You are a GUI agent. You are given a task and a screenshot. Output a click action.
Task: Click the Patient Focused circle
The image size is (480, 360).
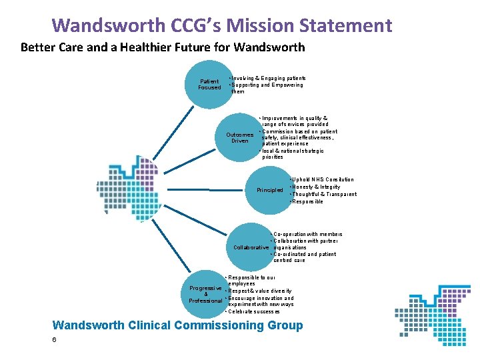pos(209,85)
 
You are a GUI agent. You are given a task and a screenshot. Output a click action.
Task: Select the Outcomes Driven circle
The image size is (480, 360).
pos(239,138)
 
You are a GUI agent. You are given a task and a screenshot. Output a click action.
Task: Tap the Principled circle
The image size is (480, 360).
pos(270,190)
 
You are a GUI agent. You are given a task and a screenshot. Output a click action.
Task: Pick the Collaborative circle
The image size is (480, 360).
pos(251,247)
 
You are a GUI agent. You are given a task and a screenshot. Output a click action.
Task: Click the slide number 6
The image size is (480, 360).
pos(54,340)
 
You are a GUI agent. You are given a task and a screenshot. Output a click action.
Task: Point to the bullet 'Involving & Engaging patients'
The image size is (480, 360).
pos(268,78)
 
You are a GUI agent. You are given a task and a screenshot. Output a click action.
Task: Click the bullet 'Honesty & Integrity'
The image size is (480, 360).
pos(317,187)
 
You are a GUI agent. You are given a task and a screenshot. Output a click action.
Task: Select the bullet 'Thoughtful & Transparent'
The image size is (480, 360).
pos(324,194)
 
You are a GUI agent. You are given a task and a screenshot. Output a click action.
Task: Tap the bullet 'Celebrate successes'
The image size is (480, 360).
pos(253,311)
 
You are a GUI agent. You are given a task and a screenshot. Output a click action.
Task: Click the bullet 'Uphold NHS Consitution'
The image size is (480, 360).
pos(323,179)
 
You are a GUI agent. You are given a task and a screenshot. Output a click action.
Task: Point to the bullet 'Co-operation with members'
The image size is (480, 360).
pos(307,235)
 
